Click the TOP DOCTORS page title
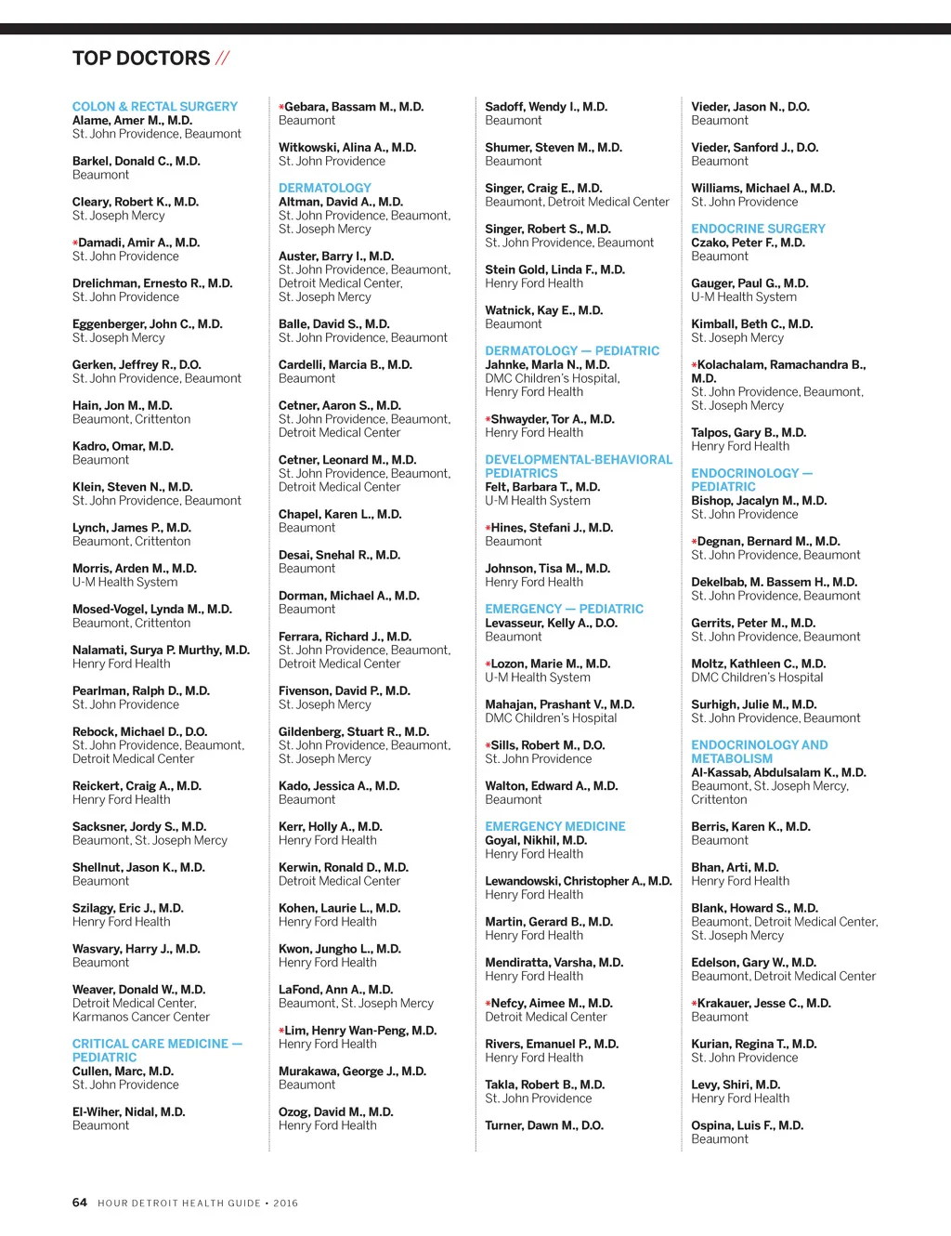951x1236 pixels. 141,59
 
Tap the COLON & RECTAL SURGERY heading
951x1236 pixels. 155,107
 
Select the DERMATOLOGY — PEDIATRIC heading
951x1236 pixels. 572,351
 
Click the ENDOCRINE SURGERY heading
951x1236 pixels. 758,229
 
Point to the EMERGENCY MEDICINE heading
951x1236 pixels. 554,826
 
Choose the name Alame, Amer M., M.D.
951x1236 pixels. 133,121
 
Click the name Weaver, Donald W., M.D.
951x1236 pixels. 138,990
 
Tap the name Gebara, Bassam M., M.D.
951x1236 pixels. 354,107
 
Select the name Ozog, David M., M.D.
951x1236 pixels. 335,1111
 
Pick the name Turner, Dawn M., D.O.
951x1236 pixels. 544,1125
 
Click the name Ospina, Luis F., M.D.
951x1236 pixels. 747,1125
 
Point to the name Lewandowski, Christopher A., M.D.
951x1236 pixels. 578,881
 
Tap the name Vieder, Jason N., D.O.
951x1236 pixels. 750,107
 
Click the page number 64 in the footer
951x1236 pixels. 80,1203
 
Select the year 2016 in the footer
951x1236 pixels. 285,1203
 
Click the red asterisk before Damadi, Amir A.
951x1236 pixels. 75,243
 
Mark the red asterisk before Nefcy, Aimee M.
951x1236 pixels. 488,1005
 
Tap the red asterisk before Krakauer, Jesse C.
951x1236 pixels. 694,1005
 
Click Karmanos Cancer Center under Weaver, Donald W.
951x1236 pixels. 141,1017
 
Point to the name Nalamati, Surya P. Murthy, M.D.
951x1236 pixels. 161,651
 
